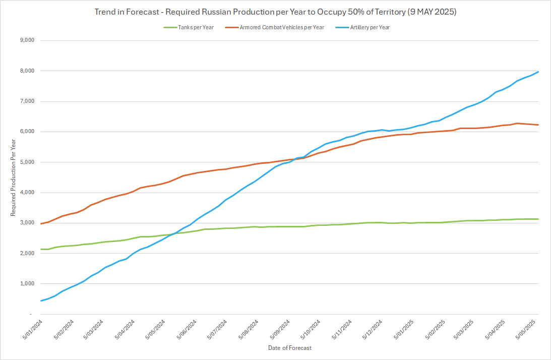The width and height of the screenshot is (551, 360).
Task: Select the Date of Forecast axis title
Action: coord(289,348)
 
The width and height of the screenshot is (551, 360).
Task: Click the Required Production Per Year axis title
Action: coord(13,177)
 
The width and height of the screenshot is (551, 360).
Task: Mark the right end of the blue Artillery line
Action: coord(538,72)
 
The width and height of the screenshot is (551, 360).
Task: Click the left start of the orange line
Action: coord(41,223)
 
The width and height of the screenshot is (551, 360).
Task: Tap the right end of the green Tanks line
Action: coord(538,219)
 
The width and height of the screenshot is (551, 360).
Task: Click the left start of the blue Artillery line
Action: coord(41,301)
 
